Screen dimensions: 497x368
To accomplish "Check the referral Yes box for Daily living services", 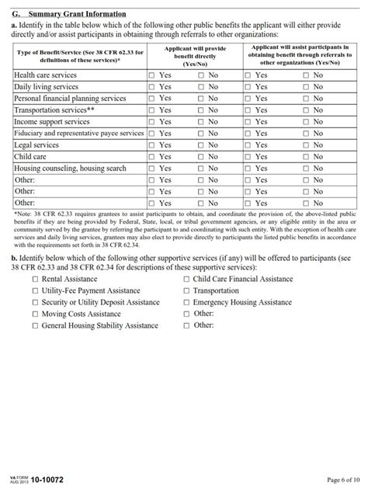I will [x=248, y=87].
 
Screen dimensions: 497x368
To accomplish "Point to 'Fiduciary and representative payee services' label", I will [x=78, y=134].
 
